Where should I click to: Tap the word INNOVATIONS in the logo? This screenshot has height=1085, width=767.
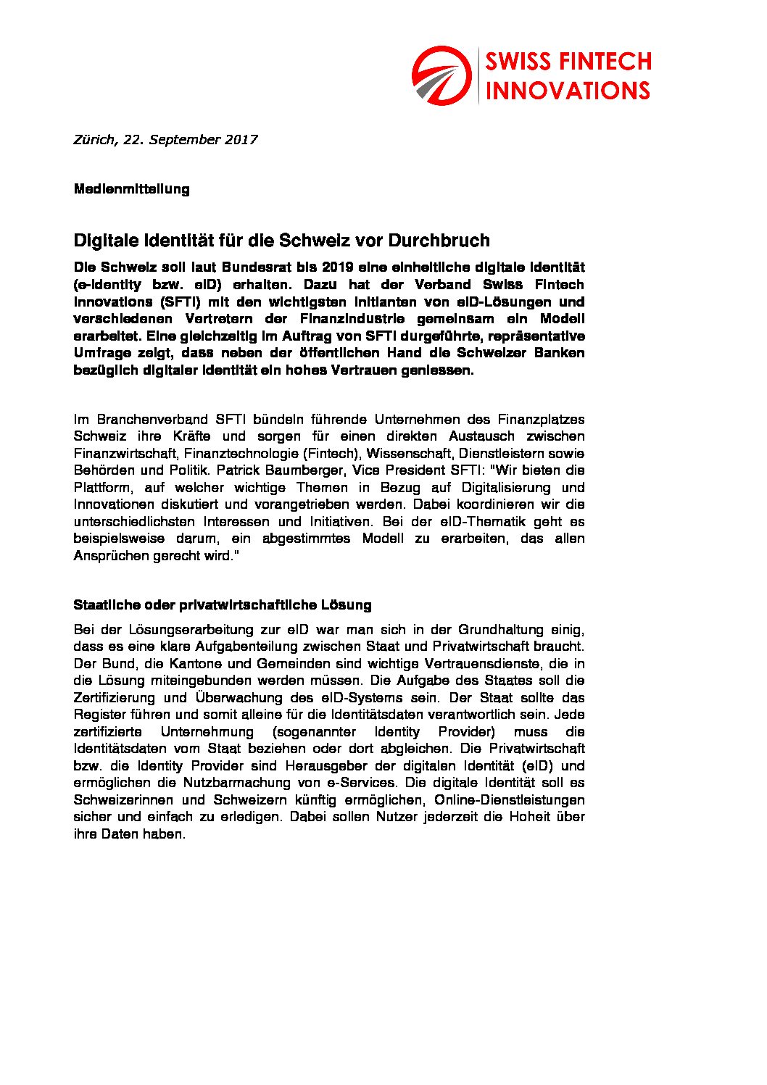pyautogui.click(x=568, y=91)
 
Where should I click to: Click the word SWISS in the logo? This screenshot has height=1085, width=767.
pyautogui.click(x=518, y=62)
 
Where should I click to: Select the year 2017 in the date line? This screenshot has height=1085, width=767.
pyautogui.click(x=241, y=140)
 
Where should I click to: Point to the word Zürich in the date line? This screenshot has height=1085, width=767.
pyautogui.click(x=95, y=140)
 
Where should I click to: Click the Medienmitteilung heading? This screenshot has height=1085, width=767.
pyautogui.click(x=132, y=189)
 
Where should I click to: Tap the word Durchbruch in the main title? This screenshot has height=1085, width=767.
pyautogui.click(x=439, y=241)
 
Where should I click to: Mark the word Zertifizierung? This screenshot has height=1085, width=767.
pyautogui.click(x=115, y=698)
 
